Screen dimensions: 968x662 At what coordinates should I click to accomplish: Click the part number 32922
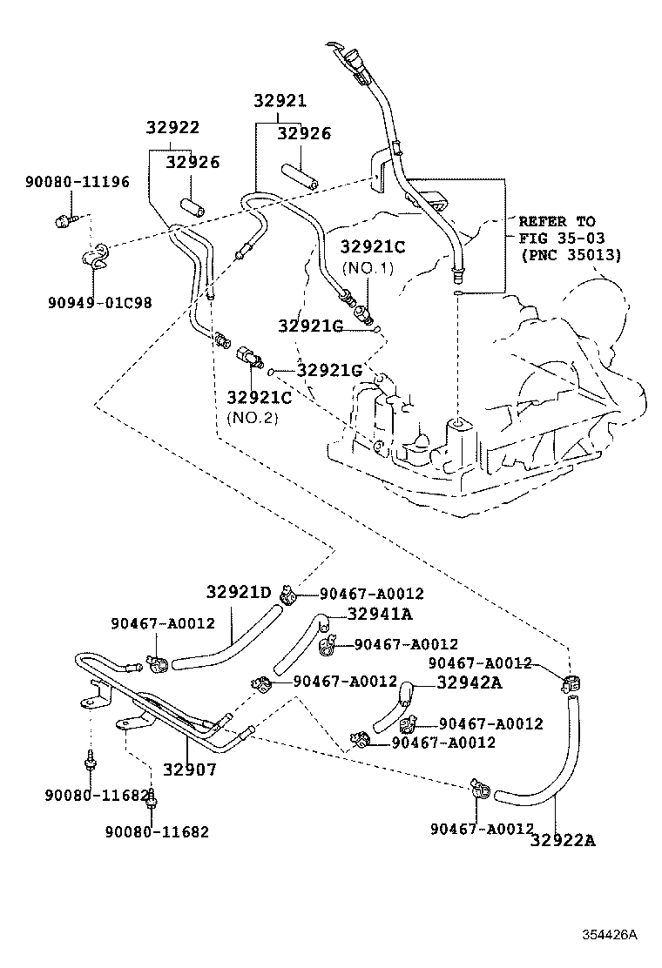point(172,128)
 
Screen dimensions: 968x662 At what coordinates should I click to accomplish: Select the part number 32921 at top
point(280,101)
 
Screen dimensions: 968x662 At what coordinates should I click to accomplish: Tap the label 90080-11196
point(77,182)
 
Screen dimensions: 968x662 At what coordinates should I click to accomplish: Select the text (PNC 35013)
point(571,255)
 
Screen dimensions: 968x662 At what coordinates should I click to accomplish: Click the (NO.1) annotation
point(368,267)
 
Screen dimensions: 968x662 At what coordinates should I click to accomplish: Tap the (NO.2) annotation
point(253,417)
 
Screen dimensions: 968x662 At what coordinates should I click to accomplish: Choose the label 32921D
point(239,593)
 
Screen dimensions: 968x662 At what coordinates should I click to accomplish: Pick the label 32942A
point(469,682)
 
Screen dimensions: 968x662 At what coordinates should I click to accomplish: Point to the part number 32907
point(189,770)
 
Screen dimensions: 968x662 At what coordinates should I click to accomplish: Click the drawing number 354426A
point(610,936)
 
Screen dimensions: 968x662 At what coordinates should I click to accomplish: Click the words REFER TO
point(557,221)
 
